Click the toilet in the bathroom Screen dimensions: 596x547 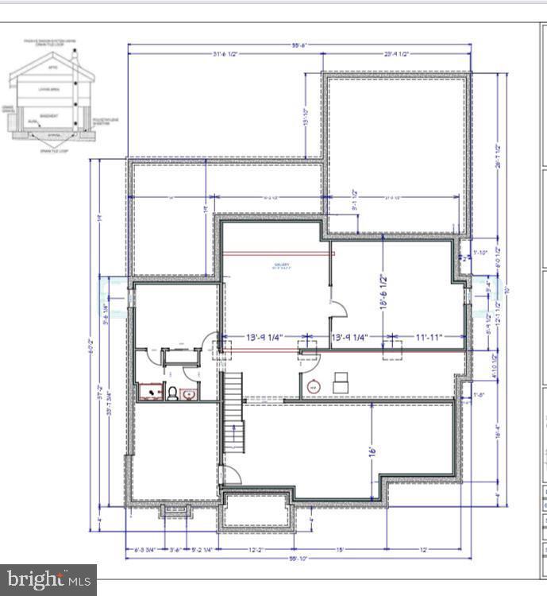point(171,392)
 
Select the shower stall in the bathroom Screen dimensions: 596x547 point(148,391)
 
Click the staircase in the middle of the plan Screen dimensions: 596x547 point(232,413)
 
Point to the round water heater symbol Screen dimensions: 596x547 point(313,387)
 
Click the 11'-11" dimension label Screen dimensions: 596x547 point(428,338)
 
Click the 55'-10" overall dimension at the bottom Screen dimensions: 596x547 point(299,559)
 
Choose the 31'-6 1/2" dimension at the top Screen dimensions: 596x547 point(225,54)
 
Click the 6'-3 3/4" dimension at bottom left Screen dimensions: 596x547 point(145,548)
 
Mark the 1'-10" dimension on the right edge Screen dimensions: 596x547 point(480,253)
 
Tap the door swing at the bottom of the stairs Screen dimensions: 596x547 point(230,474)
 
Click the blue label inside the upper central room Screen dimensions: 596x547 point(282,266)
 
